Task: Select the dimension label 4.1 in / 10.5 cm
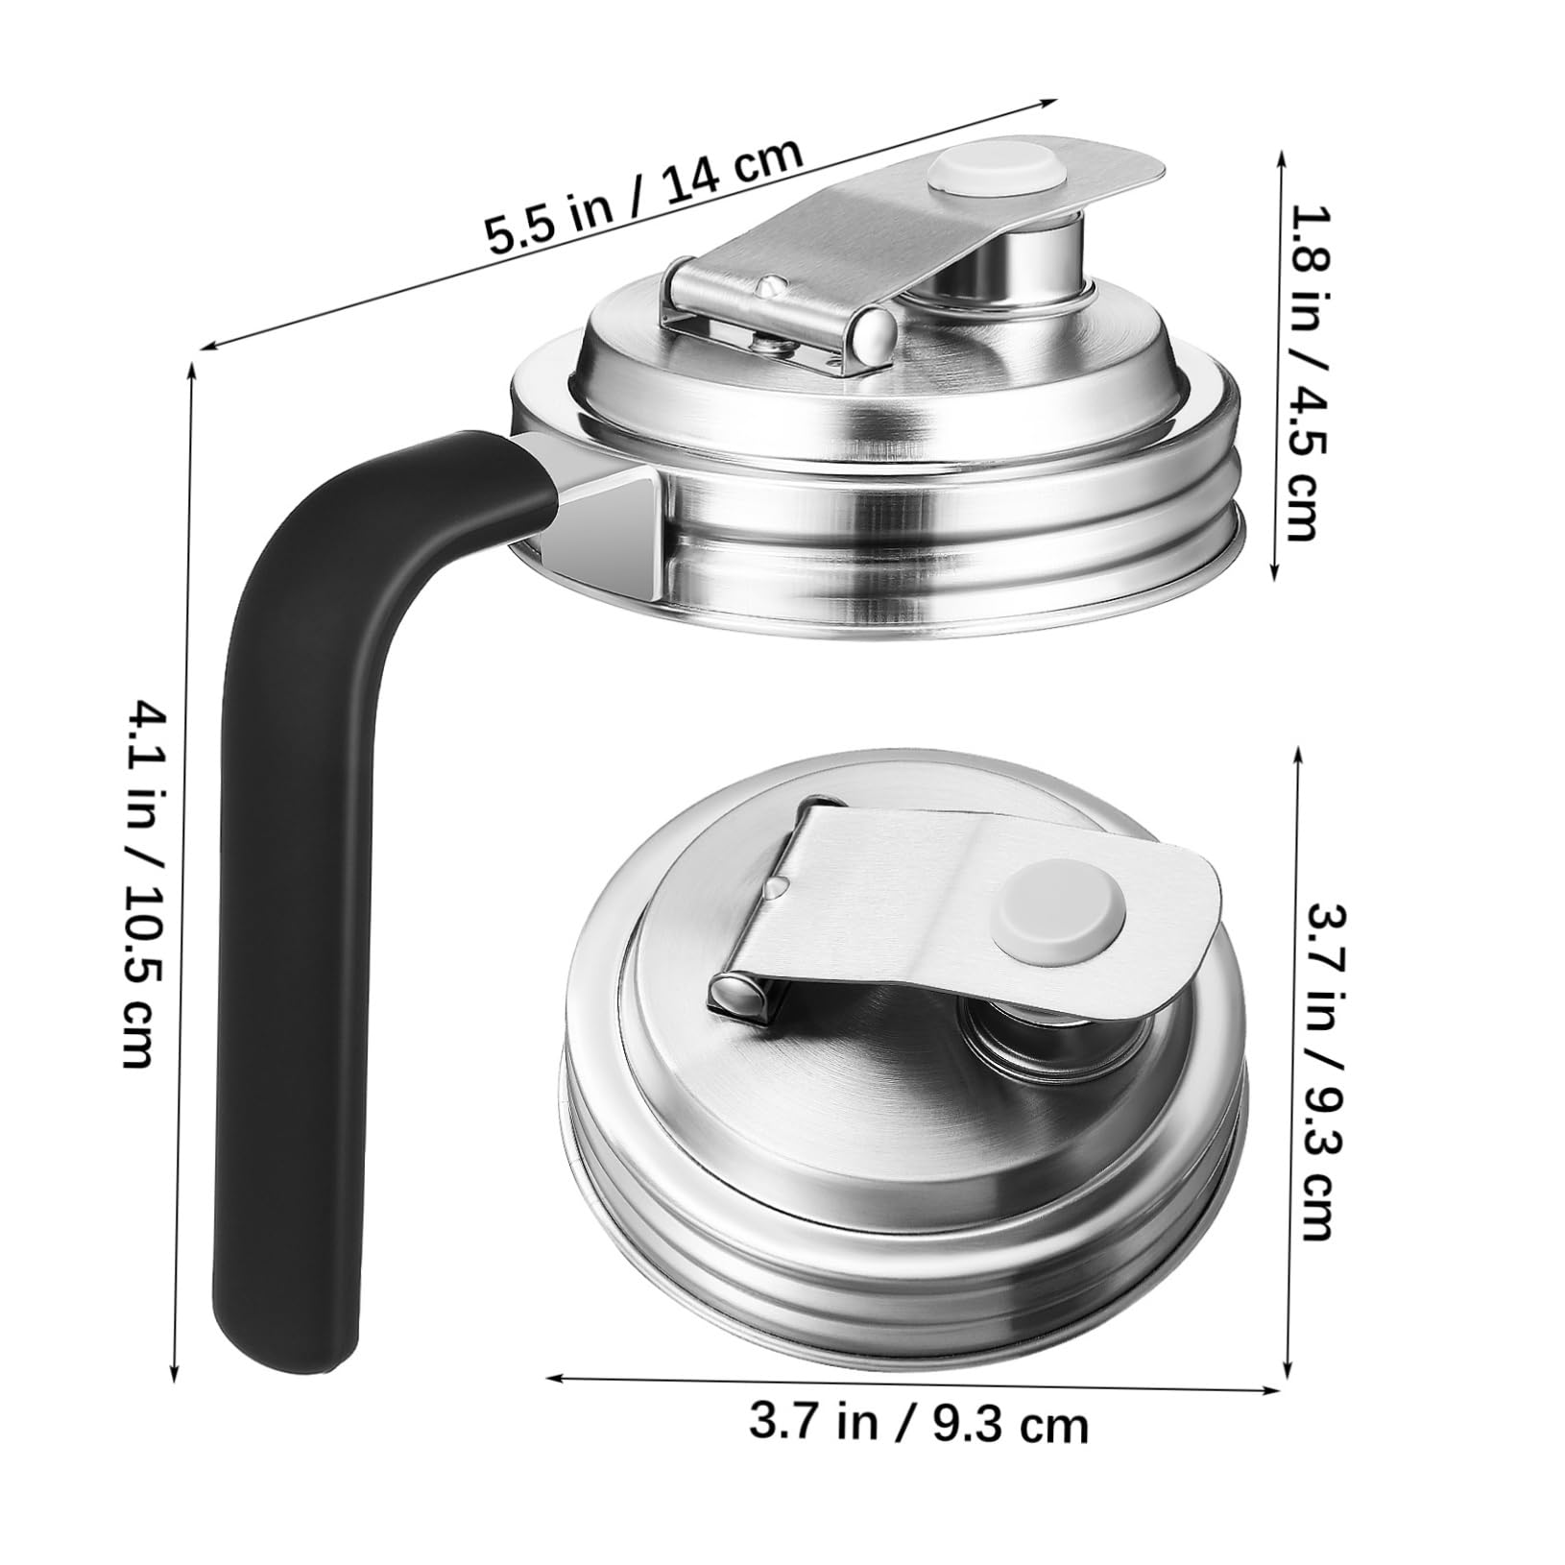144,883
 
